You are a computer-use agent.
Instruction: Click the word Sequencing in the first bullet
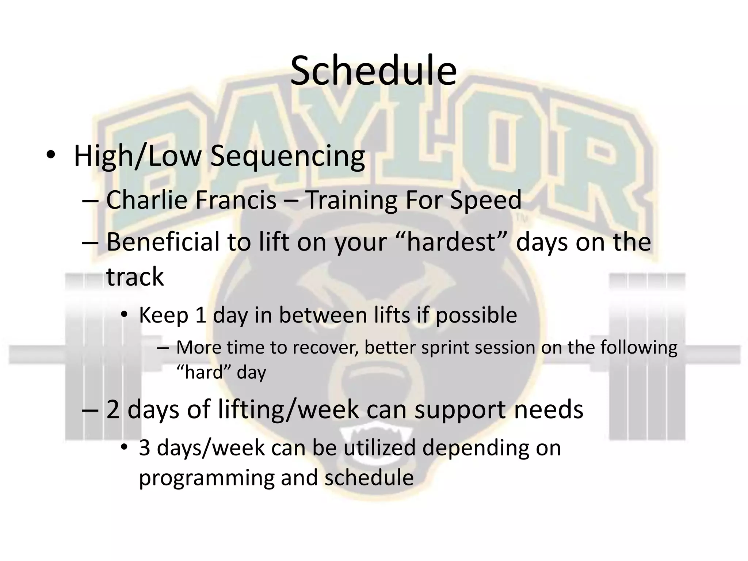(287, 156)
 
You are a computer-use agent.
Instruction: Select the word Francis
(236, 200)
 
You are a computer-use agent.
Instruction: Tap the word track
(135, 276)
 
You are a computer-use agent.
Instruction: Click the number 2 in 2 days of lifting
(113, 409)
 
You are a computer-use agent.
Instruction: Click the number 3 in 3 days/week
(145, 448)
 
